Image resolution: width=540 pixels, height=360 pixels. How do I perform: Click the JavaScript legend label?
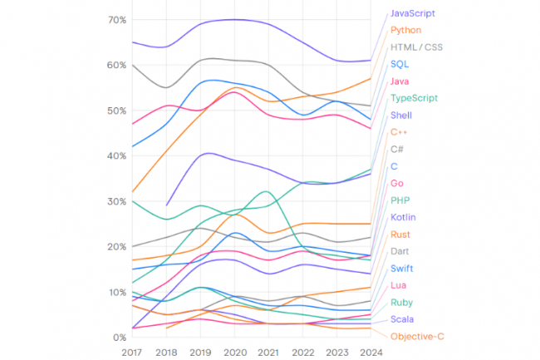(x=412, y=13)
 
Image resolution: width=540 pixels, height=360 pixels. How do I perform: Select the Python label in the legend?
(x=406, y=30)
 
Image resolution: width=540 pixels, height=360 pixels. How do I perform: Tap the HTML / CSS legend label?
(x=416, y=47)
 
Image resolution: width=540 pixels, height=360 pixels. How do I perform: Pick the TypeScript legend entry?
(x=414, y=98)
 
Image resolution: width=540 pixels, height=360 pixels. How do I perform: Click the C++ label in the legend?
(x=399, y=131)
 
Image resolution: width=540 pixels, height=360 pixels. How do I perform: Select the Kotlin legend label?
(x=403, y=217)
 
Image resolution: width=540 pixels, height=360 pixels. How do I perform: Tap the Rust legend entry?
(x=400, y=234)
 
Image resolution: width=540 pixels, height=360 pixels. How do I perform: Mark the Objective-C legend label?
(x=417, y=336)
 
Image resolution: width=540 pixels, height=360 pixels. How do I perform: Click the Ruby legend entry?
(x=402, y=302)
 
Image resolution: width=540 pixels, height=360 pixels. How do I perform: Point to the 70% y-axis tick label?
(x=116, y=19)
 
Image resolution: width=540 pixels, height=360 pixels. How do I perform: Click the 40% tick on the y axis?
(x=116, y=155)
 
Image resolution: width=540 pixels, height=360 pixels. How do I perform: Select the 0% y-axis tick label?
(x=120, y=337)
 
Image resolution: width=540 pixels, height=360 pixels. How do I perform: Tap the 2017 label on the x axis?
(x=132, y=352)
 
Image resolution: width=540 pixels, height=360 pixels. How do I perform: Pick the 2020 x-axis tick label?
(x=235, y=352)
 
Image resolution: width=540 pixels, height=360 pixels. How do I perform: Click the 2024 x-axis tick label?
(x=371, y=352)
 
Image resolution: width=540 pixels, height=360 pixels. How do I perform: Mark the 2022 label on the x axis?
(x=303, y=352)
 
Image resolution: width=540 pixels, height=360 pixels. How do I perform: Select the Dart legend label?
(x=400, y=251)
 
